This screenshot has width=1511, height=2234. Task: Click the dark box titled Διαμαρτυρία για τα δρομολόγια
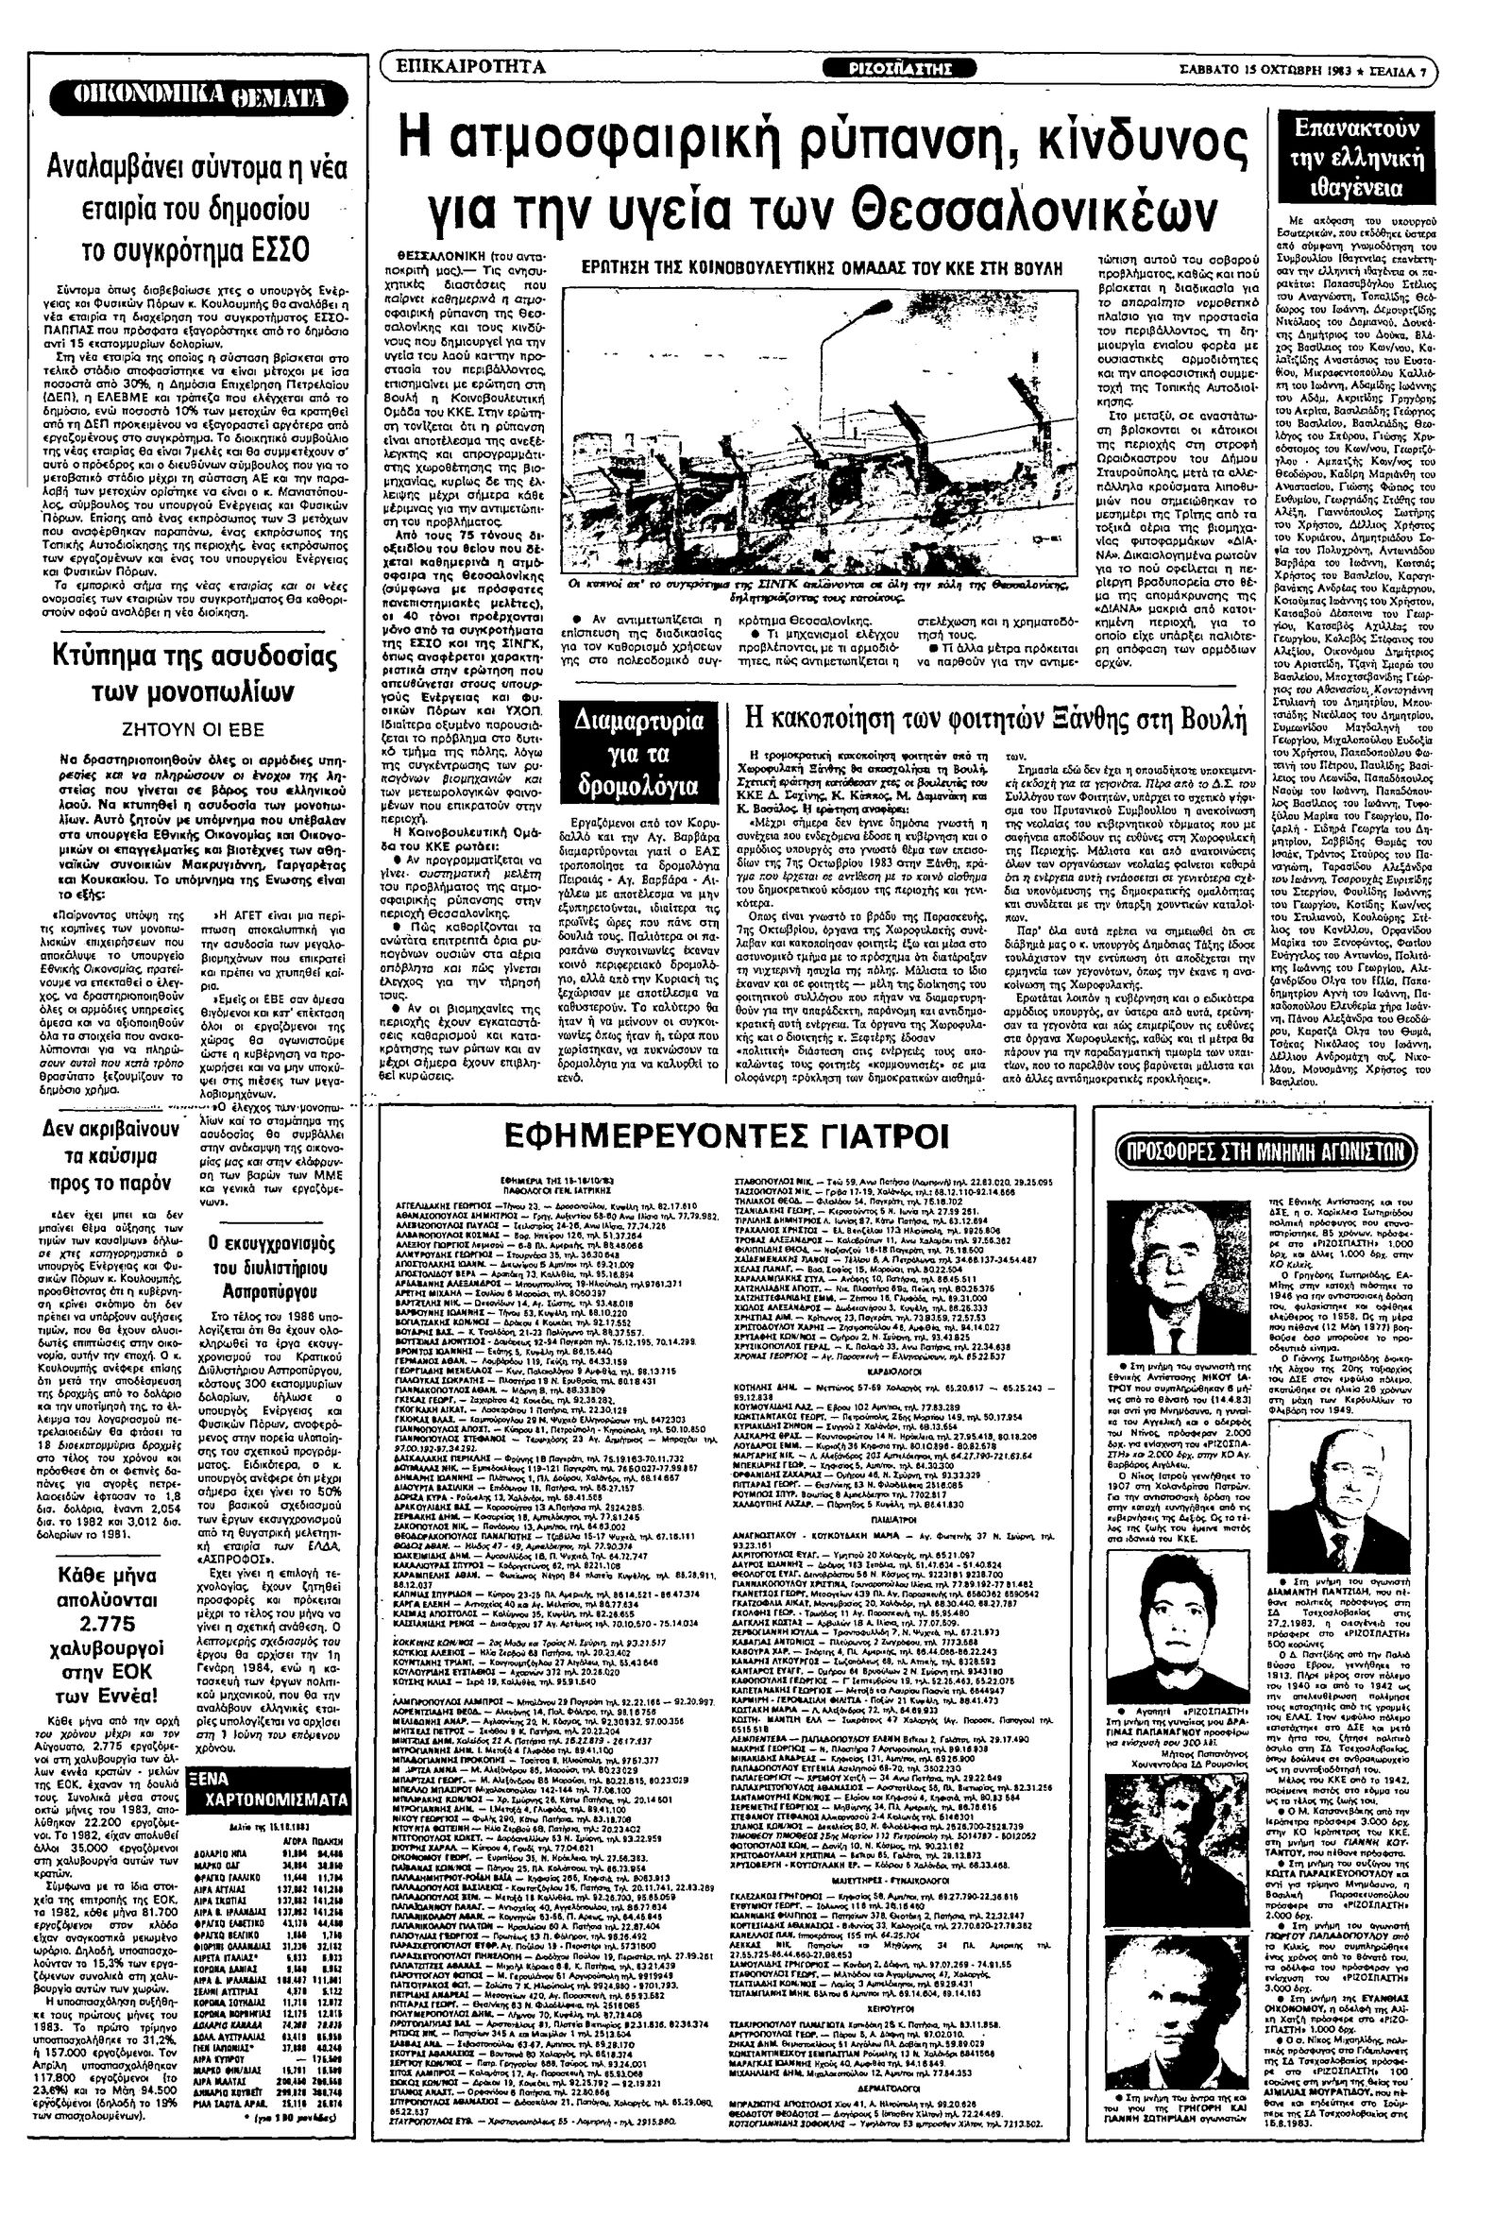tap(638, 756)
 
